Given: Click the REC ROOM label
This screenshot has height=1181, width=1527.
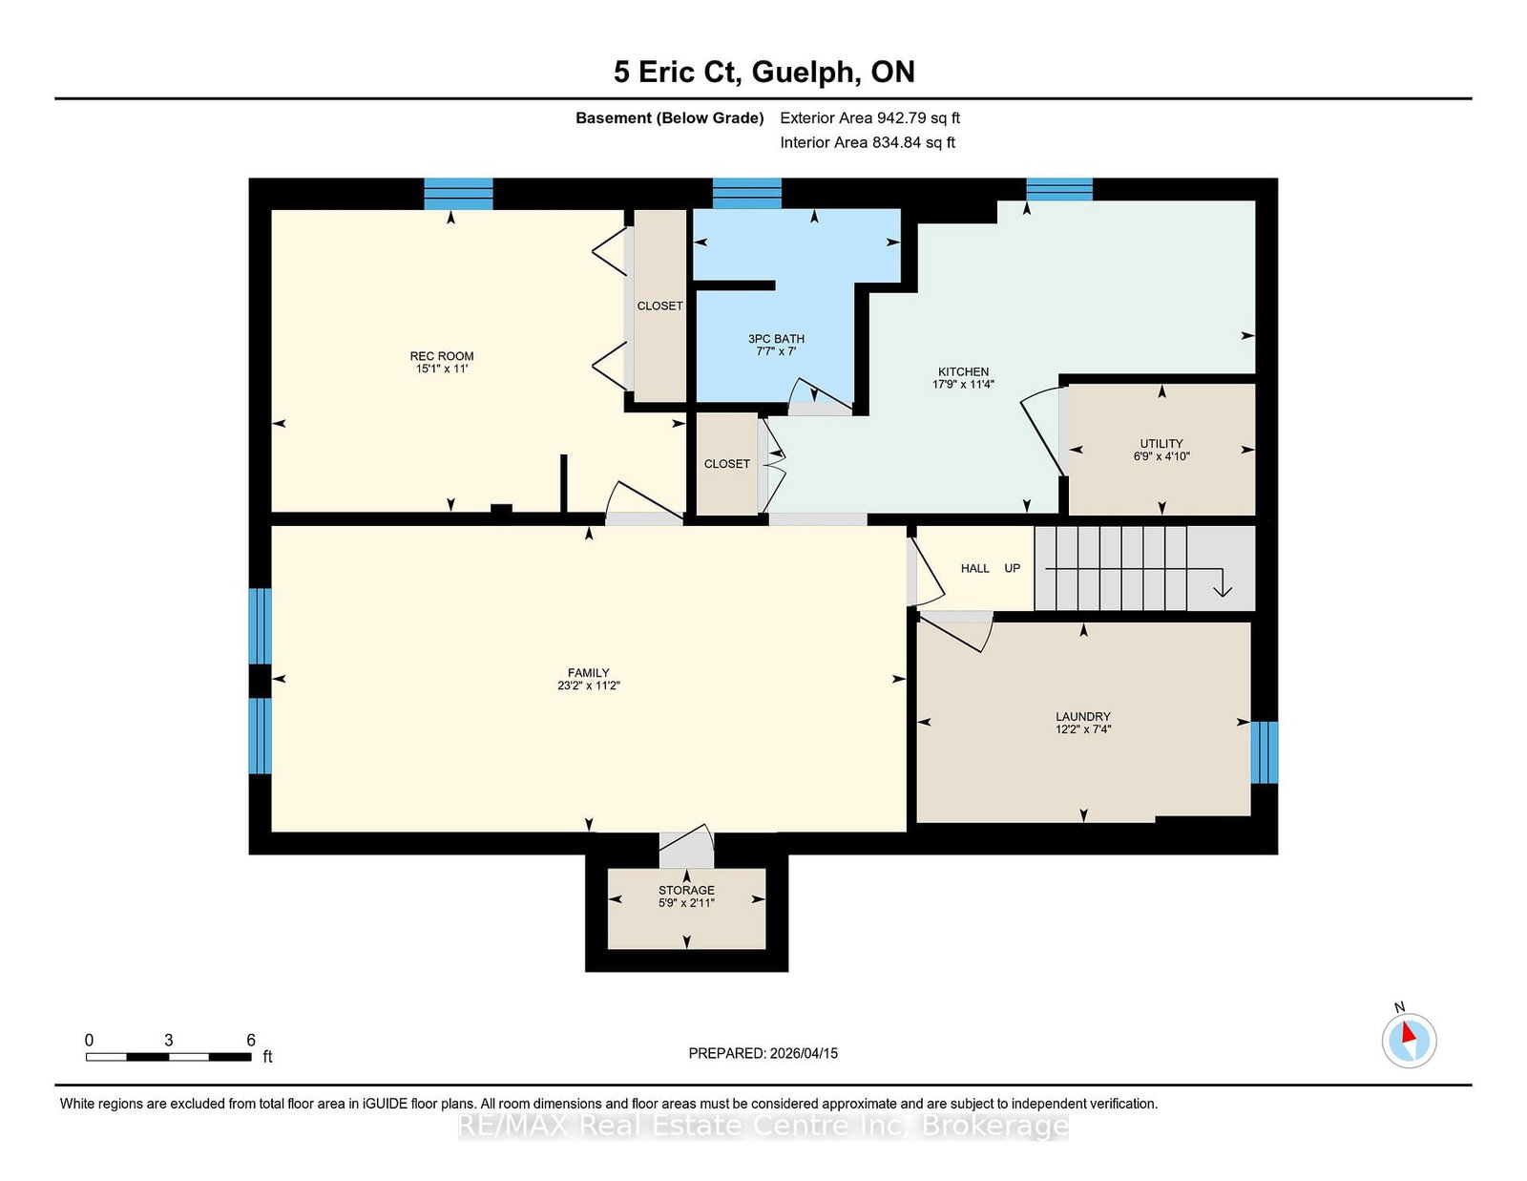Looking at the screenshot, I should pyautogui.click(x=442, y=356).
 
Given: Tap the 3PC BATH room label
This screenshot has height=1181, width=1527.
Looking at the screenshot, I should pyautogui.click(x=776, y=339).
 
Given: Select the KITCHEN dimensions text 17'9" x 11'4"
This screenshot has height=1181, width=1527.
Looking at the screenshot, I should pyautogui.click(x=963, y=385).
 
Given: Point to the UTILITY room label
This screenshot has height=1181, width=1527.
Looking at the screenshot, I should pyautogui.click(x=1161, y=444).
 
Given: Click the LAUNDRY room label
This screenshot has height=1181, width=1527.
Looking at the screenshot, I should pyautogui.click(x=1082, y=716).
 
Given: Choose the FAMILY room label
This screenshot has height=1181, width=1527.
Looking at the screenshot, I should pyautogui.click(x=588, y=673).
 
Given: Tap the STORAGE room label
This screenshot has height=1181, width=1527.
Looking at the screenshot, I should pyautogui.click(x=686, y=890).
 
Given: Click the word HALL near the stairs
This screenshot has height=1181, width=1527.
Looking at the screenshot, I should pyautogui.click(x=974, y=568).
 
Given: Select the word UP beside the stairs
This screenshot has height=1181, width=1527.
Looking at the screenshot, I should pyautogui.click(x=1012, y=568).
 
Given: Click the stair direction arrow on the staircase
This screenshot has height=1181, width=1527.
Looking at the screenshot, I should pyautogui.click(x=1221, y=583).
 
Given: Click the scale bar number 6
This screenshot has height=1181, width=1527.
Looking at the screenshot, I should pyautogui.click(x=251, y=1041).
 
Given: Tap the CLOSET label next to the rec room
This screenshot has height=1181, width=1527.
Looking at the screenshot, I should pyautogui.click(x=659, y=306).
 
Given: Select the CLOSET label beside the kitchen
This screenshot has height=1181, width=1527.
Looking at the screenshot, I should pyautogui.click(x=726, y=464).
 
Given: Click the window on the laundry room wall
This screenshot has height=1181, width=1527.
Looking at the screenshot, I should pyautogui.click(x=1264, y=752).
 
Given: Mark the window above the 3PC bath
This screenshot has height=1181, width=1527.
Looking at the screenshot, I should pyautogui.click(x=746, y=194).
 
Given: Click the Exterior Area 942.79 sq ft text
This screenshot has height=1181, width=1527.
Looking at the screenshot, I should pyautogui.click(x=869, y=118).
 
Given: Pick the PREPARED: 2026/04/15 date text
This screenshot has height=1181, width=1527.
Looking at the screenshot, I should pyautogui.click(x=763, y=1053).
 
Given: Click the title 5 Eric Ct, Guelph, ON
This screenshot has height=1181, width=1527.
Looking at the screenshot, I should pyautogui.click(x=763, y=72).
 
